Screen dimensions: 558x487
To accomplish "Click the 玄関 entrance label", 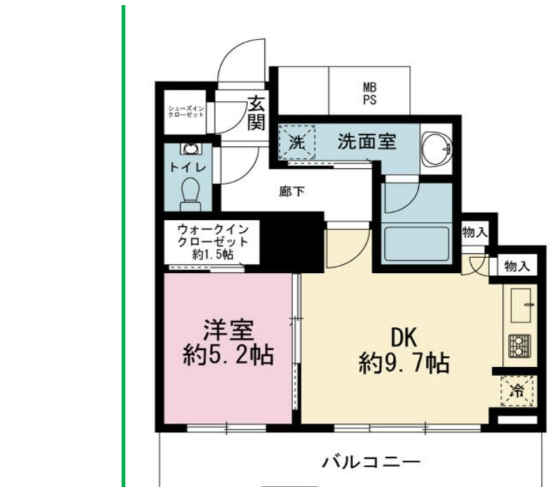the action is (256, 113).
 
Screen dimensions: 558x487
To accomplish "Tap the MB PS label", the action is (369, 93).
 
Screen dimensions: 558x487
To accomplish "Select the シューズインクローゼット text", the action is (186, 112).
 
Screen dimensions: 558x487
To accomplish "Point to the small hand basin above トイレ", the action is (191, 148).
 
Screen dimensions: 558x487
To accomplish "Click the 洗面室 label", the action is (367, 141).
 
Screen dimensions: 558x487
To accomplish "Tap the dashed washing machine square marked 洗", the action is (297, 142).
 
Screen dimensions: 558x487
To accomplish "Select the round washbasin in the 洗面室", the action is (437, 148).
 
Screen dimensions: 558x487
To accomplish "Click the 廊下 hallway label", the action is (292, 192).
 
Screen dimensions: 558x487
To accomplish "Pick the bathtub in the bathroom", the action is (417, 245).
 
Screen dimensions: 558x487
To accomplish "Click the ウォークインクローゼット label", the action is (213, 235).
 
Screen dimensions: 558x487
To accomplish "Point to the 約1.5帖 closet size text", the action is (213, 254).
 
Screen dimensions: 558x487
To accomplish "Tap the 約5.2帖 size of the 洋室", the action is (228, 355).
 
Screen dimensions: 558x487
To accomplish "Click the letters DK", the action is (404, 337).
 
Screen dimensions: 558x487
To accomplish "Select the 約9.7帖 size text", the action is (404, 363).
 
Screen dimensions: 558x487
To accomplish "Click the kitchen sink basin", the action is (521, 305).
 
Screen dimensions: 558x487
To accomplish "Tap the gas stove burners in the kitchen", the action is (520, 346).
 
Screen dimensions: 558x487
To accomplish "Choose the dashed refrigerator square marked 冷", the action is (518, 391).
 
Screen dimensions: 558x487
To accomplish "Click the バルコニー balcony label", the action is (371, 462).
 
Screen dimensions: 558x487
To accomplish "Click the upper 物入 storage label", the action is (475, 233).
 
